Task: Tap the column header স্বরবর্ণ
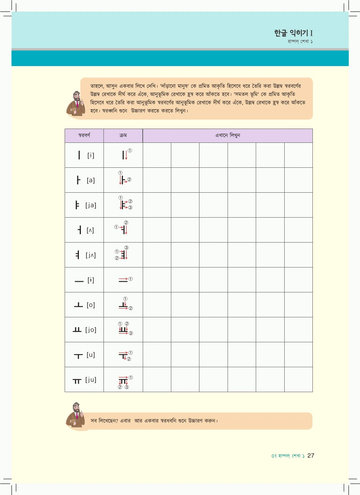click(84, 135)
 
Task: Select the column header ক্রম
click(123, 135)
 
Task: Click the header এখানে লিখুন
click(228, 135)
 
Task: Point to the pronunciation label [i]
click(91, 155)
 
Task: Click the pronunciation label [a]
click(91, 180)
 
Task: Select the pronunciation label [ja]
click(91, 205)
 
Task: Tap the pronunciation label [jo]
click(91, 330)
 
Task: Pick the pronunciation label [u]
click(91, 355)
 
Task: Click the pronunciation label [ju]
click(91, 379)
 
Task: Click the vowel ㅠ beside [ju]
click(77, 381)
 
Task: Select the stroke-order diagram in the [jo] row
click(124, 329)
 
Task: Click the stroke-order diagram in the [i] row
click(125, 154)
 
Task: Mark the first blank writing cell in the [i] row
click(157, 155)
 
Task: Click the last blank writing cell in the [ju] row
click(298, 379)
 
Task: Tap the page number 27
click(311, 455)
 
